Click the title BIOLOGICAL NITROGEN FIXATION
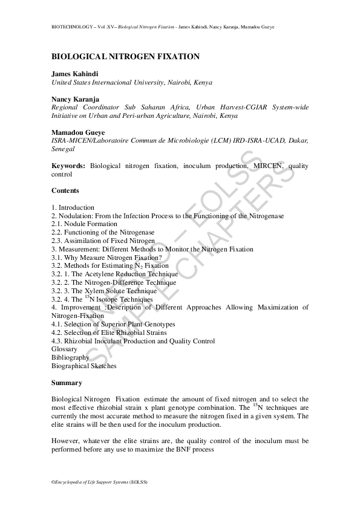click(x=125, y=56)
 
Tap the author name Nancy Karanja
click(x=76, y=99)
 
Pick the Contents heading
click(x=65, y=190)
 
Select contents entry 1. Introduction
click(x=73, y=207)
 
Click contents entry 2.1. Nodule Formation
click(x=84, y=224)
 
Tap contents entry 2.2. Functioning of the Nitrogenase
click(x=103, y=232)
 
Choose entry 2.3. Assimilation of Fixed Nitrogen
click(x=103, y=241)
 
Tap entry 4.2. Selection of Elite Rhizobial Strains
click(x=109, y=332)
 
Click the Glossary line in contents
click(x=64, y=349)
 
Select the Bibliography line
click(x=70, y=357)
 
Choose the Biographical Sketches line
click(x=84, y=366)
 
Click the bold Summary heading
click(x=67, y=383)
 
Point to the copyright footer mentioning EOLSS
click(x=99, y=482)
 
